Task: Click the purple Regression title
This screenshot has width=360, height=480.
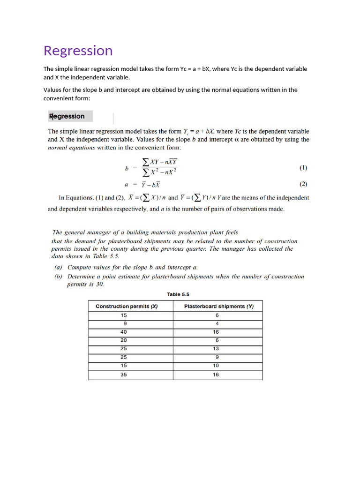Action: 78,51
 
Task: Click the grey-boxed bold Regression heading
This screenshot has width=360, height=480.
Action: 67,116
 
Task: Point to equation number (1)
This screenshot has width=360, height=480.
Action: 303,167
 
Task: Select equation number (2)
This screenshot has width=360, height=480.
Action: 303,184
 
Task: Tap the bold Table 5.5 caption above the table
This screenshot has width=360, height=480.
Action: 178,294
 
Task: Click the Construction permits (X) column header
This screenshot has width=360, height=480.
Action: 127,306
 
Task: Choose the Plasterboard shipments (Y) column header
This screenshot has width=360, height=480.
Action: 218,306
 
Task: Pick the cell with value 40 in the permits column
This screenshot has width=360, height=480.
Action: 124,332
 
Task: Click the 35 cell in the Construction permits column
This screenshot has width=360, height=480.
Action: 124,375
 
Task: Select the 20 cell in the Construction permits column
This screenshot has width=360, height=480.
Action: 124,340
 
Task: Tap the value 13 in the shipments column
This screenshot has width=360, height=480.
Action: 216,349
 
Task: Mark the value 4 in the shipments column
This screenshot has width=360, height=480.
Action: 217,323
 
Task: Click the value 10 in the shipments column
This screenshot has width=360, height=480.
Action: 216,366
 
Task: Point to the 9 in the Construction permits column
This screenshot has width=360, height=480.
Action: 124,323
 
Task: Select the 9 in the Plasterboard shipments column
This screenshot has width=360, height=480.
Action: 217,357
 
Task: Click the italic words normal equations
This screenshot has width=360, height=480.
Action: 71,147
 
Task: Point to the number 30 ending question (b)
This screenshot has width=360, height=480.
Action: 99,284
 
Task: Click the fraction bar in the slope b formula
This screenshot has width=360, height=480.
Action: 160,167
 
